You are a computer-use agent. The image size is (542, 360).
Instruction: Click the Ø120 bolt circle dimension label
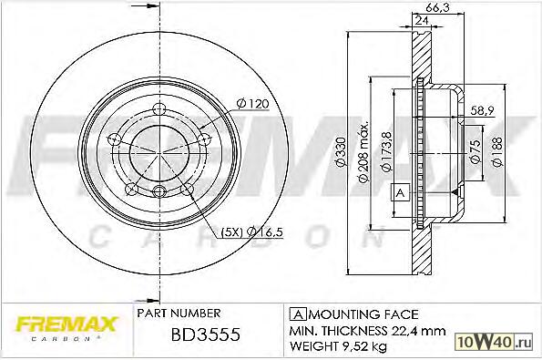click(252, 103)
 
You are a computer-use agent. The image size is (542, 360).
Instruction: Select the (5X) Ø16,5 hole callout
click(251, 232)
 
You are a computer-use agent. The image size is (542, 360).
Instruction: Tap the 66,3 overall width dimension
click(437, 7)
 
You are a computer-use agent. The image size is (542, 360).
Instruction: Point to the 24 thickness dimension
click(422, 20)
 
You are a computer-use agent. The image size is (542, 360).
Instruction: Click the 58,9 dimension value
click(483, 110)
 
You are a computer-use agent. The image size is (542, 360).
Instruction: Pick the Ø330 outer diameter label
click(341, 152)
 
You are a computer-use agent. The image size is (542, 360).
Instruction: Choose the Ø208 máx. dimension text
click(363, 151)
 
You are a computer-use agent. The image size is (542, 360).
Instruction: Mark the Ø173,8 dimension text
click(386, 151)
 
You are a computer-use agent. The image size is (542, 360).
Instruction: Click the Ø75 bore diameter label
click(476, 151)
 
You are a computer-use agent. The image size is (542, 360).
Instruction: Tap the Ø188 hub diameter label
click(497, 152)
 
